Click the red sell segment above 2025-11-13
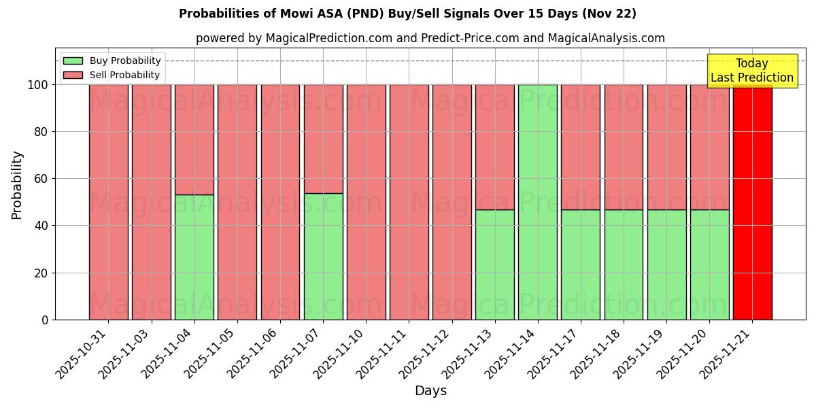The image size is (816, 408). click(x=495, y=146)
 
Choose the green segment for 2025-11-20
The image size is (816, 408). click(x=709, y=265)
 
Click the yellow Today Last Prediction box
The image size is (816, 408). click(x=752, y=71)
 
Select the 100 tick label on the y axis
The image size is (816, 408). click(x=37, y=85)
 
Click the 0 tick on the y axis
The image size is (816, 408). click(x=45, y=320)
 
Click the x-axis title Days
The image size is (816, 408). click(x=430, y=391)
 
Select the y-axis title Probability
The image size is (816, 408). click(x=17, y=184)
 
